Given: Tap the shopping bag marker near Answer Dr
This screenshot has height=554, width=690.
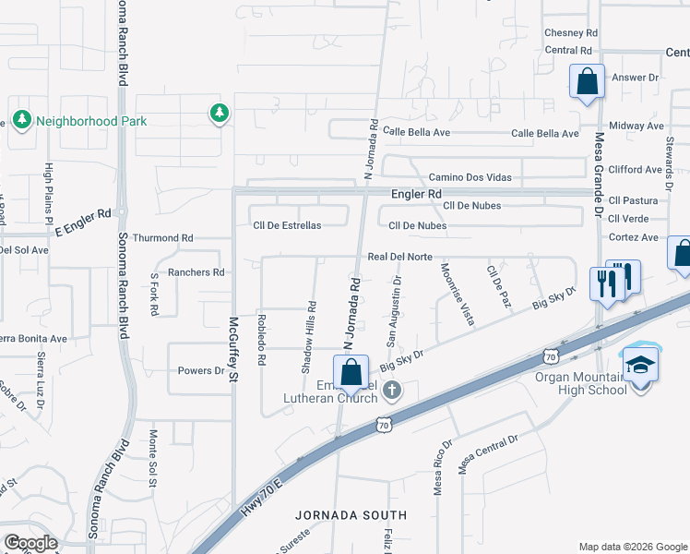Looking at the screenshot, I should tap(587, 82).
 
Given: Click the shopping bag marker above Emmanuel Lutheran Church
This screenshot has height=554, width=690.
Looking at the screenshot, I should tap(351, 374).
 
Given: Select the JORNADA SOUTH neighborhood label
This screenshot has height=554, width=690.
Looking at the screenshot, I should tap(351, 515).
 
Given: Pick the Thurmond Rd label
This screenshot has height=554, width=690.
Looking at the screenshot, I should tap(162, 237).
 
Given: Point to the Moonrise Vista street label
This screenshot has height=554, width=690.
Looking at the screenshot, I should tap(458, 294).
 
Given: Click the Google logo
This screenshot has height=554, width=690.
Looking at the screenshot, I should tap(30, 543).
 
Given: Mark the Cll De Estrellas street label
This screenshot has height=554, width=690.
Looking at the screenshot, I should tap(287, 225).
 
